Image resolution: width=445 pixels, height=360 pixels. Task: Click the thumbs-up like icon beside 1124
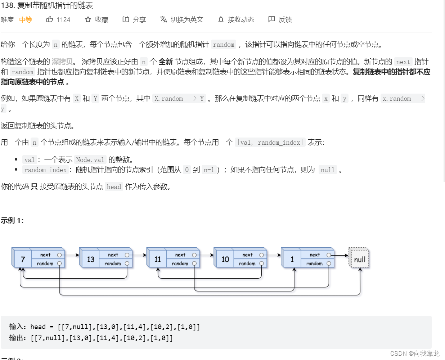50,19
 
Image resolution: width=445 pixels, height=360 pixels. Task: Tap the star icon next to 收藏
88,19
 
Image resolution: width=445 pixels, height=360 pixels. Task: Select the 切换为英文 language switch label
187,19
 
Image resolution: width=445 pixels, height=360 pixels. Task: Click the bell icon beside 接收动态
221,19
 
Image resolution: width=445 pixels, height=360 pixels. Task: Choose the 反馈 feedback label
285,19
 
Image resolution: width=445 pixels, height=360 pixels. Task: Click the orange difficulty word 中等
26,19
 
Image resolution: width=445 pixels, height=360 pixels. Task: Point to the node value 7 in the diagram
23,259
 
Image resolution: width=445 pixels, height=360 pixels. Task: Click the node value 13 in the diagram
90,259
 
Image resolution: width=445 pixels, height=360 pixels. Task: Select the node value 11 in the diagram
158,259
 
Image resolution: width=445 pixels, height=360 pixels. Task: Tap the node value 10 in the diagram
225,259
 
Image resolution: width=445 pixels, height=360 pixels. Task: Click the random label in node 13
113,264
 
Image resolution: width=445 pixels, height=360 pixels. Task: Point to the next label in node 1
315,255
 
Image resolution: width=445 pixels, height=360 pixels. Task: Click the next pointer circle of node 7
59,255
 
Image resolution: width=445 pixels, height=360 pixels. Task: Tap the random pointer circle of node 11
194,264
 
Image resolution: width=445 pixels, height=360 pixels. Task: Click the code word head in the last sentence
114,186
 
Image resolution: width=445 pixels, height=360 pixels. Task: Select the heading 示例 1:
12,220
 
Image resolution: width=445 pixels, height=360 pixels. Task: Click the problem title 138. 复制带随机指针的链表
47,5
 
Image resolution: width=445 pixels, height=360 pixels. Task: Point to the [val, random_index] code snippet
270,142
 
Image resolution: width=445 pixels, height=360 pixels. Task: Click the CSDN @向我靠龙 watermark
415,354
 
